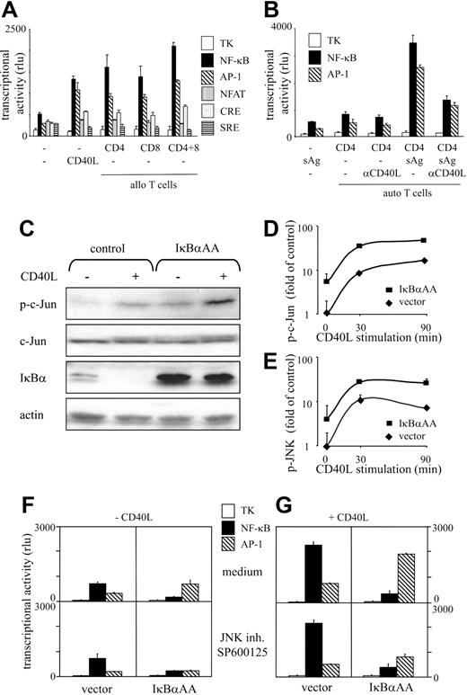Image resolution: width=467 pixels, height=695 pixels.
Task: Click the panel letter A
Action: (15, 11)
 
